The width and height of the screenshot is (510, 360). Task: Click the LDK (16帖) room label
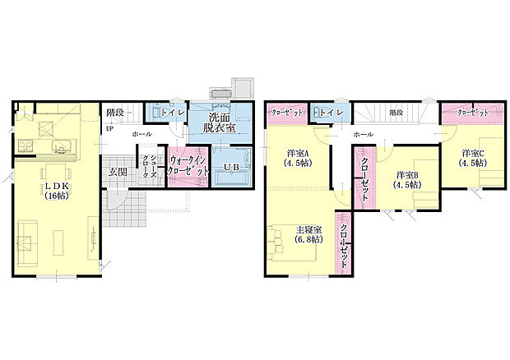pos(56,191)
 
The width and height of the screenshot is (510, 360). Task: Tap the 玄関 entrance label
pos(117,172)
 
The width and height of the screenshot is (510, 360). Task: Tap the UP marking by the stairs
pos(109,128)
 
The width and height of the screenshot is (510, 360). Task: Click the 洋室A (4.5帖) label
pos(298,157)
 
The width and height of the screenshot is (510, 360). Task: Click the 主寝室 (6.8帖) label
pos(309,233)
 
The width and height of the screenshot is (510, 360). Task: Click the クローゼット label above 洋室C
pos(473,112)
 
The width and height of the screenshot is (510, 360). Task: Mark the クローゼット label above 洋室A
pos(287,112)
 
